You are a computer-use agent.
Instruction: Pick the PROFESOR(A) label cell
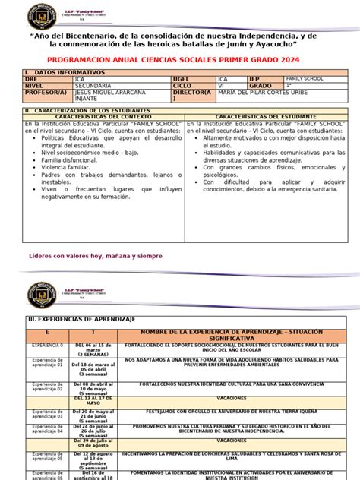click(x=46, y=93)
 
